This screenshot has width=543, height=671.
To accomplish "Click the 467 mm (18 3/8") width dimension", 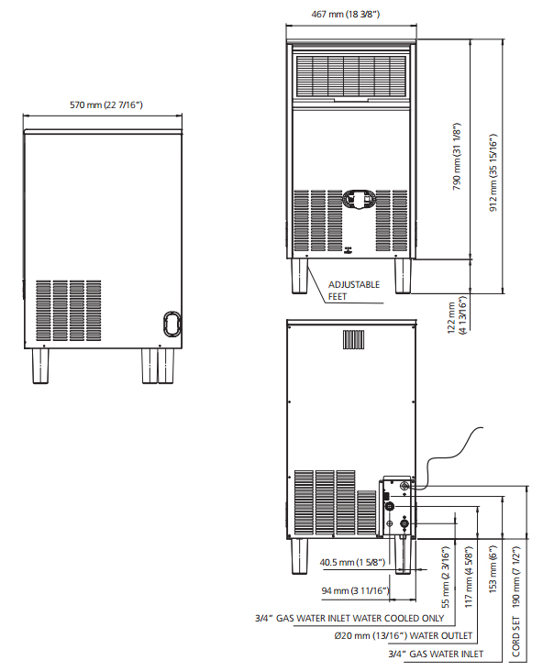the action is (345, 14).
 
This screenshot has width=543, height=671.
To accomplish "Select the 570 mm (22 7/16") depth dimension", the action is (106, 104).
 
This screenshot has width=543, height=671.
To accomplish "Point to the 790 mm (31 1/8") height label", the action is (457, 157).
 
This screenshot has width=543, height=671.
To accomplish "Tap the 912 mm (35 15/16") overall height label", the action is (493, 172).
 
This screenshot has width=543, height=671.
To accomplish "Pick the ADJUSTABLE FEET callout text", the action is (354, 291).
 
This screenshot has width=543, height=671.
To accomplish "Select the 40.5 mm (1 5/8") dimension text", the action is (352, 562).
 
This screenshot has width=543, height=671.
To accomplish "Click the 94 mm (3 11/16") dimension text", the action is (356, 591).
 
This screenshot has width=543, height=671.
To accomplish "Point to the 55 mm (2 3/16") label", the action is (446, 577).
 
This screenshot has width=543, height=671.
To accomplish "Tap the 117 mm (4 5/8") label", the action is (469, 577).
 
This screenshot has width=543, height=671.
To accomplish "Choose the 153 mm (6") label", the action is (493, 568).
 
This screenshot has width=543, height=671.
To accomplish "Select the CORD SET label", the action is (515, 636).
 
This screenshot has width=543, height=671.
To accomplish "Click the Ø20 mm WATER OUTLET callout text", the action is (404, 636).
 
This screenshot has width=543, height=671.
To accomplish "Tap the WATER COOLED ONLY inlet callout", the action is (349, 619).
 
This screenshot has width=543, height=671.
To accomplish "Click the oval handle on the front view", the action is (359, 200).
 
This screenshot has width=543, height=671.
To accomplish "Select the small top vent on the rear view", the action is (353, 339).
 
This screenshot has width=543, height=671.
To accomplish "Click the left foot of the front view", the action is (300, 276).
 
